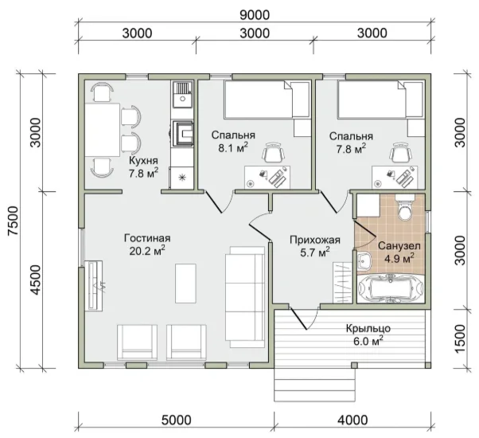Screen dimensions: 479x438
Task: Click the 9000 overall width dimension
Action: click(x=255, y=14)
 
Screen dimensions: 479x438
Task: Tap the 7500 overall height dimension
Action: click(x=14, y=221)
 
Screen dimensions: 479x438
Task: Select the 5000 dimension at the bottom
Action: click(x=177, y=420)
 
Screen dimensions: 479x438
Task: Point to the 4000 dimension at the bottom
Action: click(x=352, y=420)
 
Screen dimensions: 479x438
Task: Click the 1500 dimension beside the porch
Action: click(x=461, y=338)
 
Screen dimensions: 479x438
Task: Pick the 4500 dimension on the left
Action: click(x=36, y=280)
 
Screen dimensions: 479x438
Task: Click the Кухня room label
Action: click(x=143, y=160)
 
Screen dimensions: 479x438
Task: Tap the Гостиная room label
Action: click(x=147, y=238)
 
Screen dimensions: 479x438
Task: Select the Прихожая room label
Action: click(x=315, y=240)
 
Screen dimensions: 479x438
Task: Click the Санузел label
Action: click(x=399, y=246)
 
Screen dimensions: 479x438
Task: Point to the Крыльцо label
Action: click(x=368, y=328)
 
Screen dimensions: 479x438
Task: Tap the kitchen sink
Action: click(x=183, y=94)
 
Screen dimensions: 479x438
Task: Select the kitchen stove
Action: click(x=183, y=133)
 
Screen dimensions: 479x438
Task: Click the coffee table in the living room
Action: click(x=185, y=284)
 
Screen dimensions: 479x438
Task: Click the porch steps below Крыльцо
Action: click(x=314, y=385)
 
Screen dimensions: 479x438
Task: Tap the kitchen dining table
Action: click(x=102, y=130)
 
